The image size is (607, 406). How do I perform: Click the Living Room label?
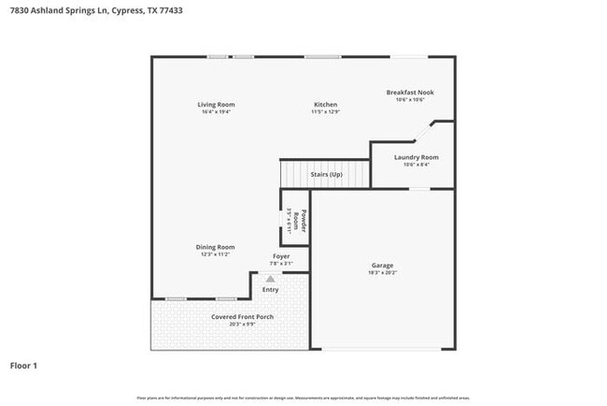point(216,104)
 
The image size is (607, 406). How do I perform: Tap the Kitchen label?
point(325,104)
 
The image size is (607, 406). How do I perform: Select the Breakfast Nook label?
point(410,93)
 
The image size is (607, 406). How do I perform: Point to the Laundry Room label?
point(416,157)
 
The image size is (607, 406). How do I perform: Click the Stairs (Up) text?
point(326,175)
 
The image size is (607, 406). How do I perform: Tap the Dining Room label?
point(215,247)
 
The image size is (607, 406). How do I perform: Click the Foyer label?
point(281,256)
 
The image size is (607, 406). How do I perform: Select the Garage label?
point(383,266)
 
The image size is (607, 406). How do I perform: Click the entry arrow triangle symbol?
point(271,278)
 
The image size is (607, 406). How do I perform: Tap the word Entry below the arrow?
point(271,290)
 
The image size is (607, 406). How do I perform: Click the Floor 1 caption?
point(23,365)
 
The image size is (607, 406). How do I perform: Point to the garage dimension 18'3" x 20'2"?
point(383,273)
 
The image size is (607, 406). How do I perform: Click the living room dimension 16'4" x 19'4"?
point(216,112)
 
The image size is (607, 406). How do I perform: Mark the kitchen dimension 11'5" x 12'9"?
point(325,112)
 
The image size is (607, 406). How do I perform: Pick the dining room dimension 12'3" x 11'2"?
point(215,254)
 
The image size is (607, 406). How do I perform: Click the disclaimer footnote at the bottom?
point(303,398)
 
